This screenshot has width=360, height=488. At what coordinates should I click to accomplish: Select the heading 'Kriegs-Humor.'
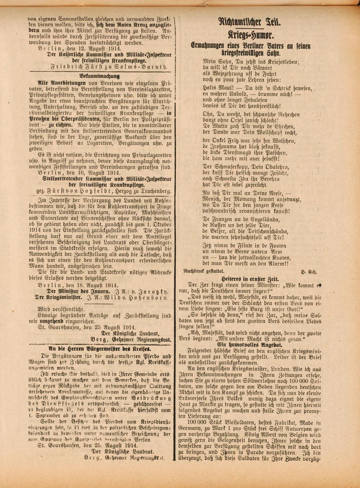click(x=251, y=35)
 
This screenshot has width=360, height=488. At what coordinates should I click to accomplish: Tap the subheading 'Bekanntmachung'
click(x=99, y=76)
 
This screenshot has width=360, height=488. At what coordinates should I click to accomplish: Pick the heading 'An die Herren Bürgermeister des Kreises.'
click(x=100, y=349)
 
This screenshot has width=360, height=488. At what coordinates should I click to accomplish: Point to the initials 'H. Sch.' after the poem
click(x=309, y=272)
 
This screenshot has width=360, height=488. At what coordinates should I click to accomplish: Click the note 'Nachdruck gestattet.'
click(x=204, y=270)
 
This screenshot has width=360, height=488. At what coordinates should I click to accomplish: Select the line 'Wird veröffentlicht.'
click(x=61, y=309)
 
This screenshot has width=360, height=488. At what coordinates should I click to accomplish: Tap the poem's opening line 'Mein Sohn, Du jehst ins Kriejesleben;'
click(x=251, y=61)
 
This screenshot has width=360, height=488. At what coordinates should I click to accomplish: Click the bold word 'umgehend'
click(x=62, y=321)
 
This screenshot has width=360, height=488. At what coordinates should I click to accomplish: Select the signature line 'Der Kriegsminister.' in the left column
click(x=58, y=297)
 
